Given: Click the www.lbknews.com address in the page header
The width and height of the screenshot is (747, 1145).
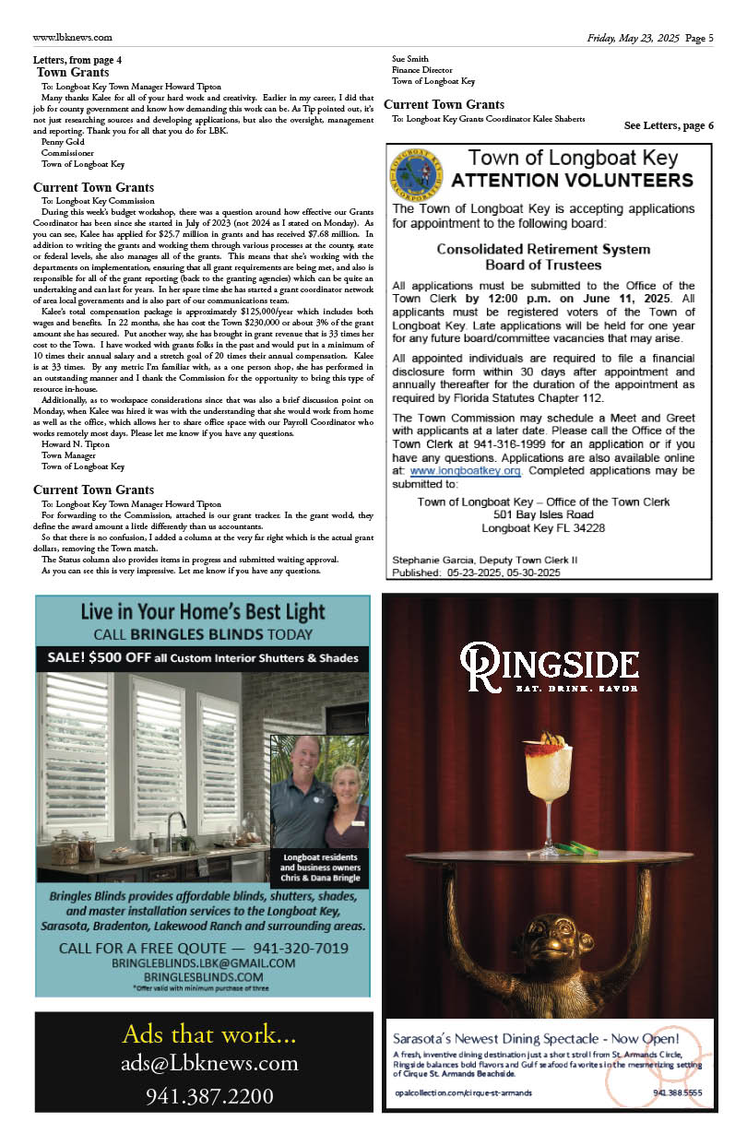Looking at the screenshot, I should pos(72,38).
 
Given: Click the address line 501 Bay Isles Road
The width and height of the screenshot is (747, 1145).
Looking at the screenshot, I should pos(543,514).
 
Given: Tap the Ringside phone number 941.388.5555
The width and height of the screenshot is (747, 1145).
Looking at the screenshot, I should pos(678,1092).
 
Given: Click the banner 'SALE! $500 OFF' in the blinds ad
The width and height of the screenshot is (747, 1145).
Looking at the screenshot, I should pos(203,657).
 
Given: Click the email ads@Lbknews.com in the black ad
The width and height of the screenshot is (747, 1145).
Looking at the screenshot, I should pos(209,1063).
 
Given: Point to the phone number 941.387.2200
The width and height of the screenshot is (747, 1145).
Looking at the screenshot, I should pos(209,1096).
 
